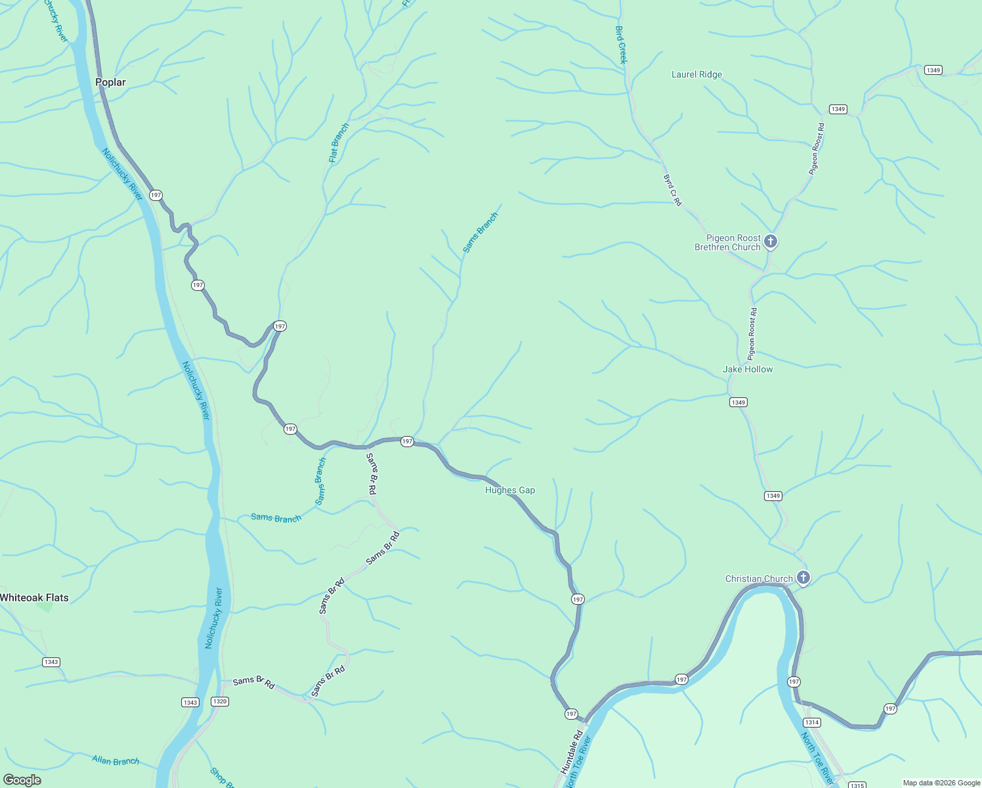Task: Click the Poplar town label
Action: point(110,82)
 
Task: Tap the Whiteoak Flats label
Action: point(34,598)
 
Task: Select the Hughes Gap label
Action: point(510,490)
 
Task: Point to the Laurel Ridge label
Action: point(696,74)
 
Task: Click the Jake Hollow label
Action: point(748,369)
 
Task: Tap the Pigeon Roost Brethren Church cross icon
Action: point(771,242)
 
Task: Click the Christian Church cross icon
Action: point(803,578)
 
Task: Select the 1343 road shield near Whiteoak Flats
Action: point(51,662)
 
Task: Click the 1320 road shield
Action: point(220,701)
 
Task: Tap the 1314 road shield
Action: point(812,722)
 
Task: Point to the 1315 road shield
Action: point(857,785)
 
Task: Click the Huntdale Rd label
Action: point(572,751)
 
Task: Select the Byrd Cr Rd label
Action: point(672,190)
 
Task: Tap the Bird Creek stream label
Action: point(621,45)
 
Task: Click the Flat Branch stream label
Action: point(339,142)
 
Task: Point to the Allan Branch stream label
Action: point(116,760)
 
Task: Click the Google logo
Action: point(22,780)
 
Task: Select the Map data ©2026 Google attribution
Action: point(941,783)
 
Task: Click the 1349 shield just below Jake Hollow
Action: point(738,402)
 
